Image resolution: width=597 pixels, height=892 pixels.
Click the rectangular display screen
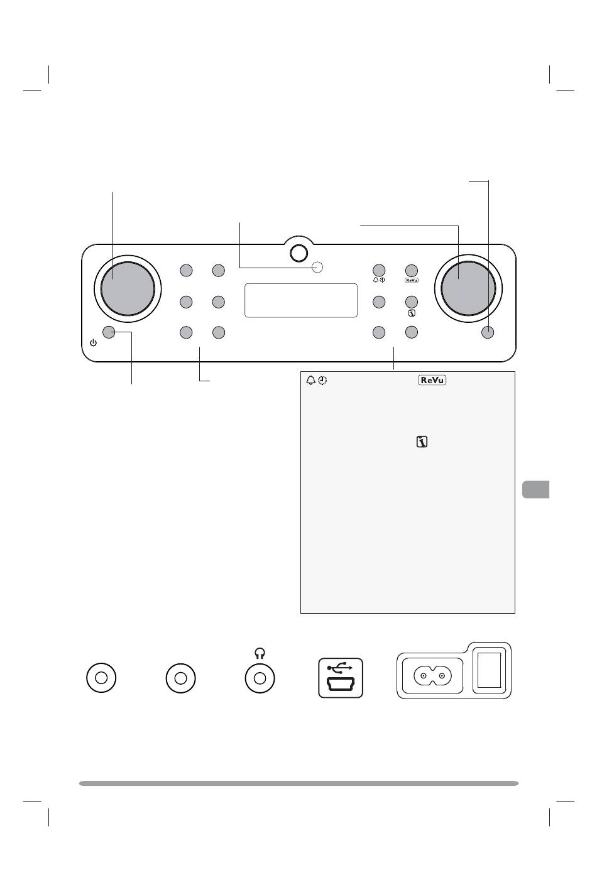coord(300,300)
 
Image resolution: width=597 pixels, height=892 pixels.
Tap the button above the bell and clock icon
coord(379,271)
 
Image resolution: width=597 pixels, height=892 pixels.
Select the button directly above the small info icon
coord(412,302)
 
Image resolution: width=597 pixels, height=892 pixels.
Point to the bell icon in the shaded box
coord(310,381)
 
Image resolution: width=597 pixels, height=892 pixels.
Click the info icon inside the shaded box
coord(422,443)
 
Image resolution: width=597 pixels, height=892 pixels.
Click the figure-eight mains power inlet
coord(432,677)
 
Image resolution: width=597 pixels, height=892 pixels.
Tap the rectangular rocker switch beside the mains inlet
coord(491,670)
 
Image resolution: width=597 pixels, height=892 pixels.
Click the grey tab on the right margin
coord(535,489)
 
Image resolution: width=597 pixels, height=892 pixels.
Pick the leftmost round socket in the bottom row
coord(101,678)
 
